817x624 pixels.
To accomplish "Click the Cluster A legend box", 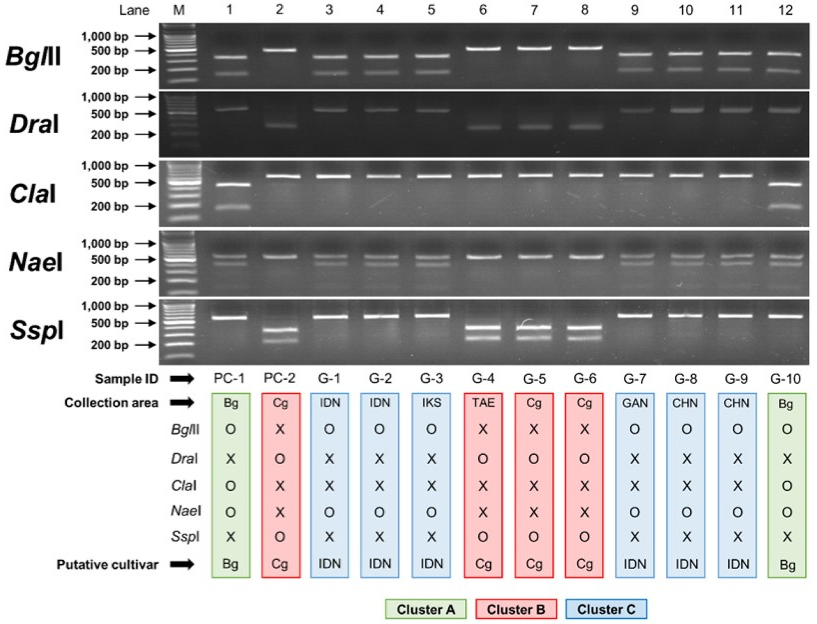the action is coord(426,609).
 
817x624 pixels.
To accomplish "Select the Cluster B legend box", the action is coord(516,609).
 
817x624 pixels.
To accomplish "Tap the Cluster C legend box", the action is coord(606,609).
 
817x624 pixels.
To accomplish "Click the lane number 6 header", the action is coord(483,10).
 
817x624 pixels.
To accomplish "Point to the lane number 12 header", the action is coord(785,10).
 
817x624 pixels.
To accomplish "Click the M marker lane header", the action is coord(179,10).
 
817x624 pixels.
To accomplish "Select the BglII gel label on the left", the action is coord(33,57).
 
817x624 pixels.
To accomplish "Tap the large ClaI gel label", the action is coord(33,194).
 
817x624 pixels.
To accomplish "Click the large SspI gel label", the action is coord(36,331).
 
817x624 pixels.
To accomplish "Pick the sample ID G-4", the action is coord(482,379).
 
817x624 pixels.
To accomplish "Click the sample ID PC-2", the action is coord(279,379).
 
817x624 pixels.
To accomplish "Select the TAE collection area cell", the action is coord(483,403).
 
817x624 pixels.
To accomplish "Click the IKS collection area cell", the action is coord(431,403).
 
